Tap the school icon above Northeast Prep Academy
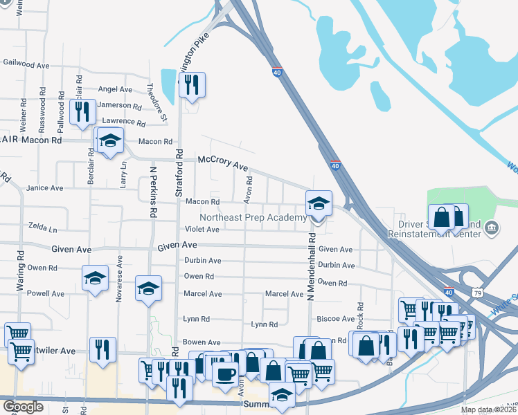coord(318,204)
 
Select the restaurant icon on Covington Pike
coord(192,85)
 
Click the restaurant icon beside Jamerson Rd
coord(82,111)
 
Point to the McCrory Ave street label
coord(222,163)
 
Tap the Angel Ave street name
coord(115,89)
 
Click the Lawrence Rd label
coord(123,122)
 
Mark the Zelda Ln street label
coord(43,227)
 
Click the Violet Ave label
coord(202,230)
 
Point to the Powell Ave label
coord(46,293)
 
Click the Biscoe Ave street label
coord(335,318)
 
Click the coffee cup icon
coord(224,374)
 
